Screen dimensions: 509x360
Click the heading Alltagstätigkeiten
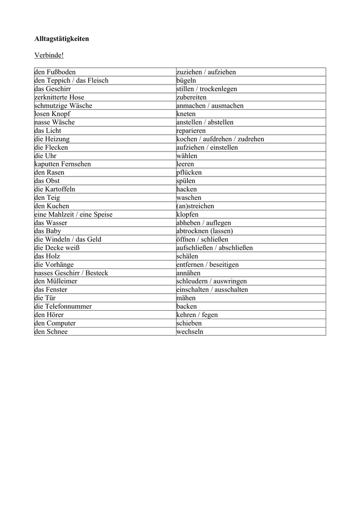point(62,38)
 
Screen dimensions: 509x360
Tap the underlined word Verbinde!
point(49,55)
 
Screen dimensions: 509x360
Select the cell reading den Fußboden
point(55,72)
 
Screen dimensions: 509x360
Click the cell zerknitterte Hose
point(59,97)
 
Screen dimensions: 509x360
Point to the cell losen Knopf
point(52,114)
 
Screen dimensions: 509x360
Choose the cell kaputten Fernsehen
point(63,164)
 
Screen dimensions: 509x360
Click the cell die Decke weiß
point(57,248)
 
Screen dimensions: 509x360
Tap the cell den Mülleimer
point(56,281)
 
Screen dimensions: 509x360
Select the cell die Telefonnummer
point(63,306)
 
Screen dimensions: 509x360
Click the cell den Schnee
point(51,332)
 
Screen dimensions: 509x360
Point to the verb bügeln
point(186,81)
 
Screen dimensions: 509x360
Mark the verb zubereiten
point(191,97)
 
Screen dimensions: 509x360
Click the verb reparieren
point(191,131)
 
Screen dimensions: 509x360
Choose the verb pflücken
point(189,172)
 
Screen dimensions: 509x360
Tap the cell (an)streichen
point(195,206)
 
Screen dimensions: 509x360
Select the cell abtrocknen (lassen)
point(204,231)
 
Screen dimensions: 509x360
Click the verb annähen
point(188,273)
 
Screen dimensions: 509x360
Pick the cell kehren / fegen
point(197,315)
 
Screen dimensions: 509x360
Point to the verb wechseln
point(190,332)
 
